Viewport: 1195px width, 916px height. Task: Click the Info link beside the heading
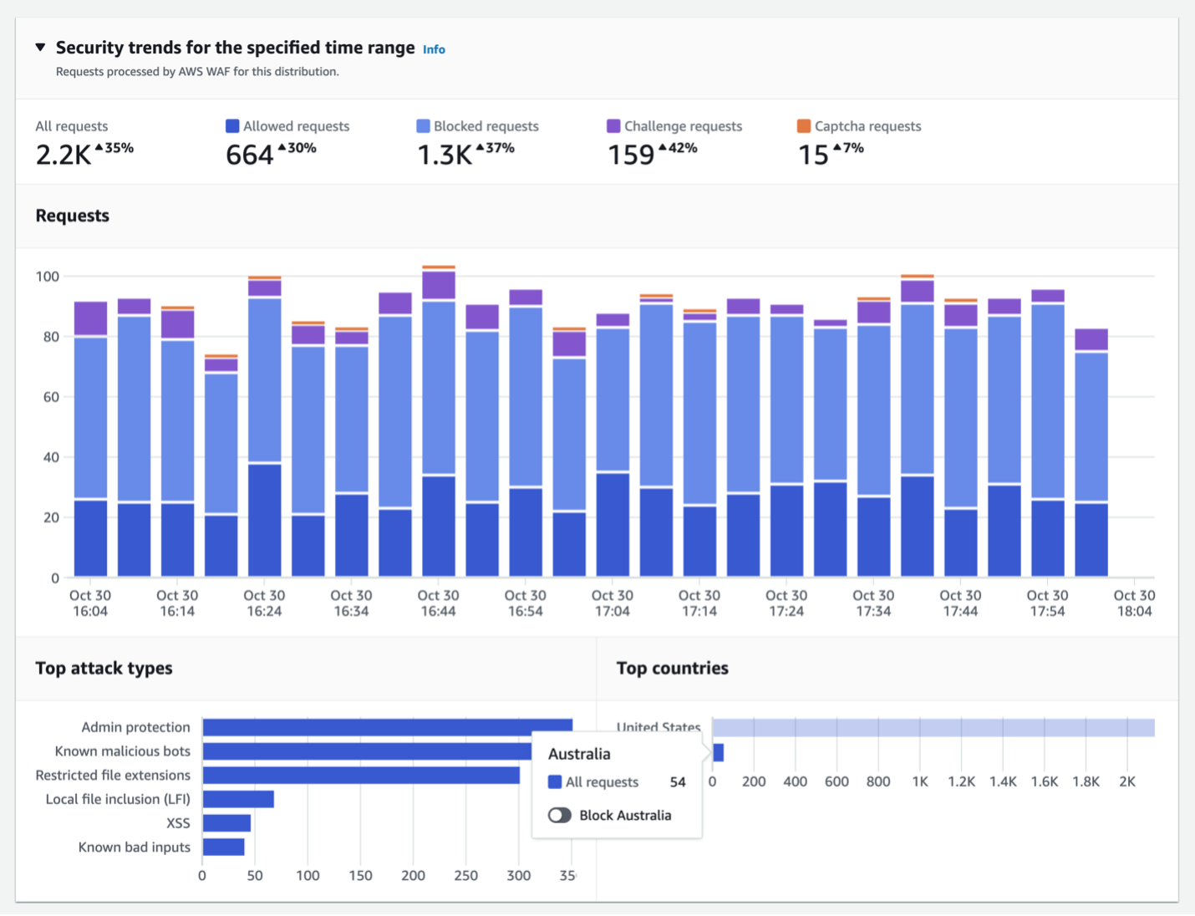pos(434,49)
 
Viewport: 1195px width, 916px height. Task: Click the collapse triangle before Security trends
pos(40,48)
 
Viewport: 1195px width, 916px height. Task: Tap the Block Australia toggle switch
pos(560,815)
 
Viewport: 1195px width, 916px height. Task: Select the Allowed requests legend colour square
pos(232,126)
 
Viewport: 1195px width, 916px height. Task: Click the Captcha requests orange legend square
pos(804,126)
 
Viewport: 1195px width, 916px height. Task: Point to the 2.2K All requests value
pos(64,155)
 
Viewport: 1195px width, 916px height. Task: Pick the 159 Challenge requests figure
pos(631,155)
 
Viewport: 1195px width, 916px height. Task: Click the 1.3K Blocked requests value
pos(445,155)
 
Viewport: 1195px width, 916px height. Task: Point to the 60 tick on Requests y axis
pos(51,397)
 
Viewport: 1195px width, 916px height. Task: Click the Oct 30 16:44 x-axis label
pos(438,603)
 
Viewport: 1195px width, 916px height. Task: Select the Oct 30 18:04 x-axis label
pos(1134,603)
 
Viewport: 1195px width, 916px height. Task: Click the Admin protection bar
pos(387,727)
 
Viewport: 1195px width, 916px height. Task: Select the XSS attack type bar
pos(226,823)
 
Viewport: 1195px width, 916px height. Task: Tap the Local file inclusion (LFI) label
pos(118,799)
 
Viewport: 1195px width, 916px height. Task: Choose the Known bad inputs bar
pos(223,847)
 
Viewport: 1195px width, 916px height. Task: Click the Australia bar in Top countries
pos(719,753)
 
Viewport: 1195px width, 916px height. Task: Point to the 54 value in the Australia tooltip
pos(678,782)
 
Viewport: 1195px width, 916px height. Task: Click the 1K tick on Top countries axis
pos(920,781)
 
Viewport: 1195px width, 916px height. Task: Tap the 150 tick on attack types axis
pos(360,875)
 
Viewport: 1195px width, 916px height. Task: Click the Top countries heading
pos(672,668)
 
